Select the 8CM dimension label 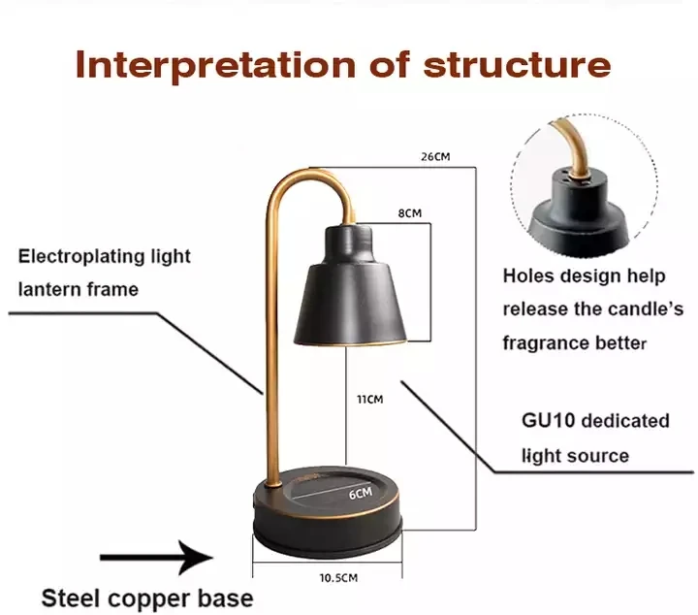tap(410, 212)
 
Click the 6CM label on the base tap(361, 493)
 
